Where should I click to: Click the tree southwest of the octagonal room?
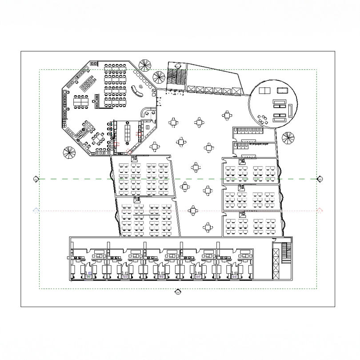click(69, 152)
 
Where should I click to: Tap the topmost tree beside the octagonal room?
click(145, 65)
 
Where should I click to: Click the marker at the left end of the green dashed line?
click(36, 179)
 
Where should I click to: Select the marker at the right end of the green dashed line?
click(319, 179)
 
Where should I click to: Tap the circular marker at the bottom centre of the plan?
click(178, 292)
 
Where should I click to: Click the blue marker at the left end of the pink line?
click(36, 210)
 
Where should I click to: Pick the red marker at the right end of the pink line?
click(319, 210)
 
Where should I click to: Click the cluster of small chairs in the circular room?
click(262, 117)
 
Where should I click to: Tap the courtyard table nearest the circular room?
click(228, 116)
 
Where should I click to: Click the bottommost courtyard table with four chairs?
click(208, 227)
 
